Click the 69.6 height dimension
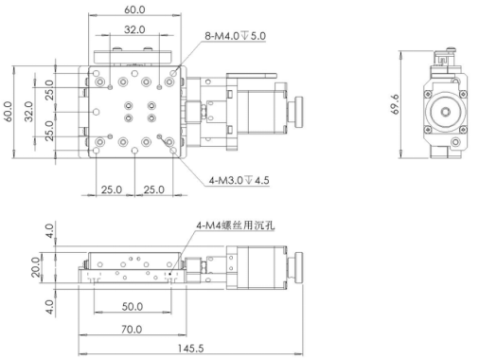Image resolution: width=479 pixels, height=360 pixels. (x=396, y=104)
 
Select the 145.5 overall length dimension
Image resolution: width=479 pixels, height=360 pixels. (x=190, y=349)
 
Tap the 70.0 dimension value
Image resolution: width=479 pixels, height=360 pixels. (x=132, y=330)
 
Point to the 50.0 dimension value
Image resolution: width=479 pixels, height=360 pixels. (x=133, y=306)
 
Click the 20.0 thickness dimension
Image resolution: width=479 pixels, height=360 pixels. (x=36, y=267)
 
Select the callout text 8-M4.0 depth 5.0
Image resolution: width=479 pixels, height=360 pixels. (x=235, y=36)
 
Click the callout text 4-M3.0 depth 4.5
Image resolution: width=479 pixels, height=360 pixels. (x=239, y=180)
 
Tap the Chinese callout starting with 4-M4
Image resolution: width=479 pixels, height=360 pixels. (x=236, y=225)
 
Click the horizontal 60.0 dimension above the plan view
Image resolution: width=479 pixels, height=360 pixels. (x=134, y=9)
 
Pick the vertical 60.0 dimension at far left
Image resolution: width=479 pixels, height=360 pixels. (x=8, y=112)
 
